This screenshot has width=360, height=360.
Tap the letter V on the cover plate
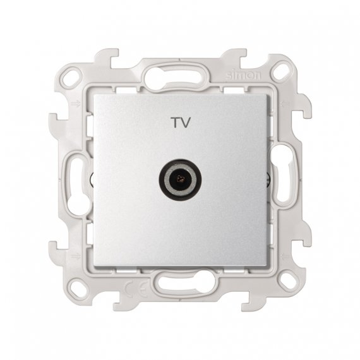click(x=186, y=123)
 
